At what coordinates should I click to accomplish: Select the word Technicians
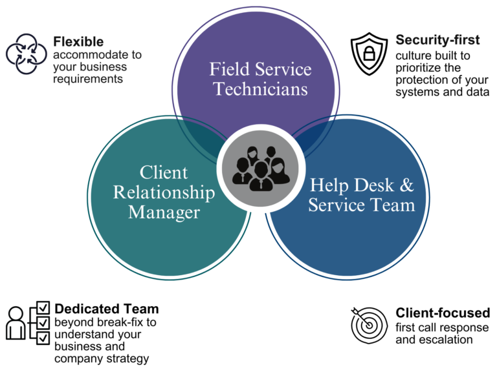click(x=260, y=89)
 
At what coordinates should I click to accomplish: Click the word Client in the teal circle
click(x=164, y=172)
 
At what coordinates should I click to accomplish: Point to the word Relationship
click(x=164, y=192)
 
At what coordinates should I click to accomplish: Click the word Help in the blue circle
click(x=328, y=185)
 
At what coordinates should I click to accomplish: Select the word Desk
click(x=372, y=185)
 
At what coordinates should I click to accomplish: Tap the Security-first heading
click(x=437, y=40)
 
